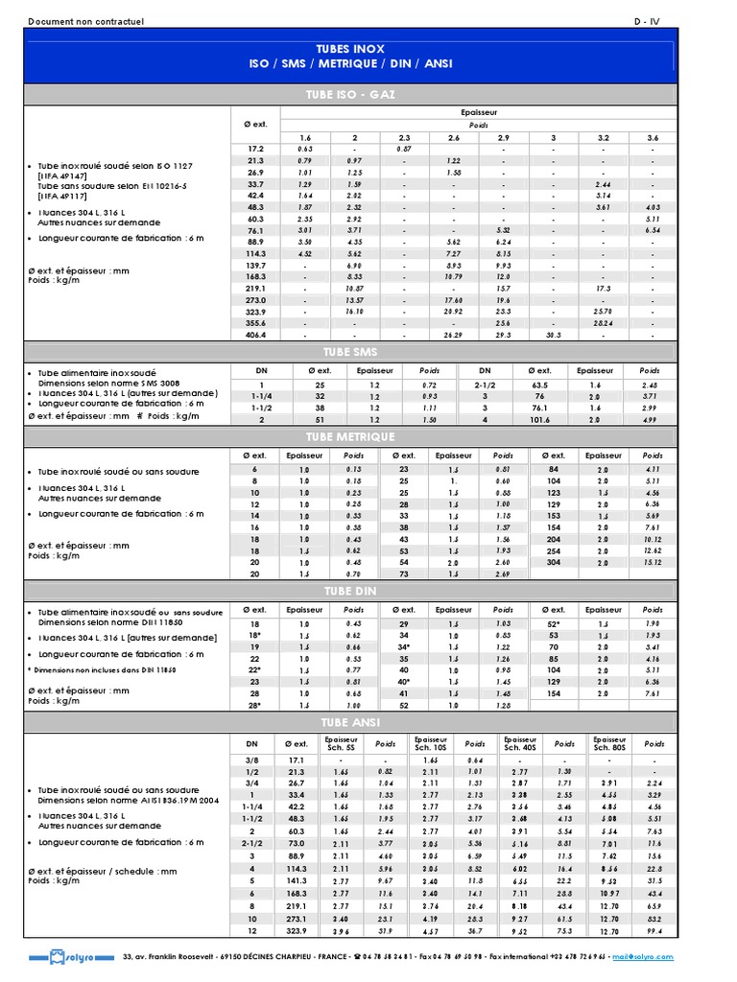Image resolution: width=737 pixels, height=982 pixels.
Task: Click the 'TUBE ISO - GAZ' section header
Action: click(x=351, y=94)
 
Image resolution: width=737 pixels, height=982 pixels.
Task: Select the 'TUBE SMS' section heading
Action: click(x=351, y=352)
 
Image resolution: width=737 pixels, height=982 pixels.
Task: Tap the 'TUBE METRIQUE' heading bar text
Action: click(x=351, y=436)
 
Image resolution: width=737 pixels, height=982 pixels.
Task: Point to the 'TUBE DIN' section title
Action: click(x=351, y=590)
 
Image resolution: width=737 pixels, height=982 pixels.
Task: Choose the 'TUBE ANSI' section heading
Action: click(x=351, y=721)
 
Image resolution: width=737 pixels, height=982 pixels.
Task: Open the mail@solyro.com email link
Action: click(x=644, y=956)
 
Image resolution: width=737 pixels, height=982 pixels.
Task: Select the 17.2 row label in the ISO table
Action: click(x=255, y=149)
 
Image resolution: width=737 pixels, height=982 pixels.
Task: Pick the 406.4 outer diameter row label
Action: click(x=255, y=335)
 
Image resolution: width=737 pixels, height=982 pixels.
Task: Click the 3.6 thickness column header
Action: click(x=653, y=138)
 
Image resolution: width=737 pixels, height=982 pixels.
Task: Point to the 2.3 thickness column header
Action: click(x=405, y=138)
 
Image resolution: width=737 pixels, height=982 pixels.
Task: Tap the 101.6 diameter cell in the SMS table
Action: click(x=539, y=420)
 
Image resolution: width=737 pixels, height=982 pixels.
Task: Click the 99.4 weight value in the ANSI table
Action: click(x=654, y=930)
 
